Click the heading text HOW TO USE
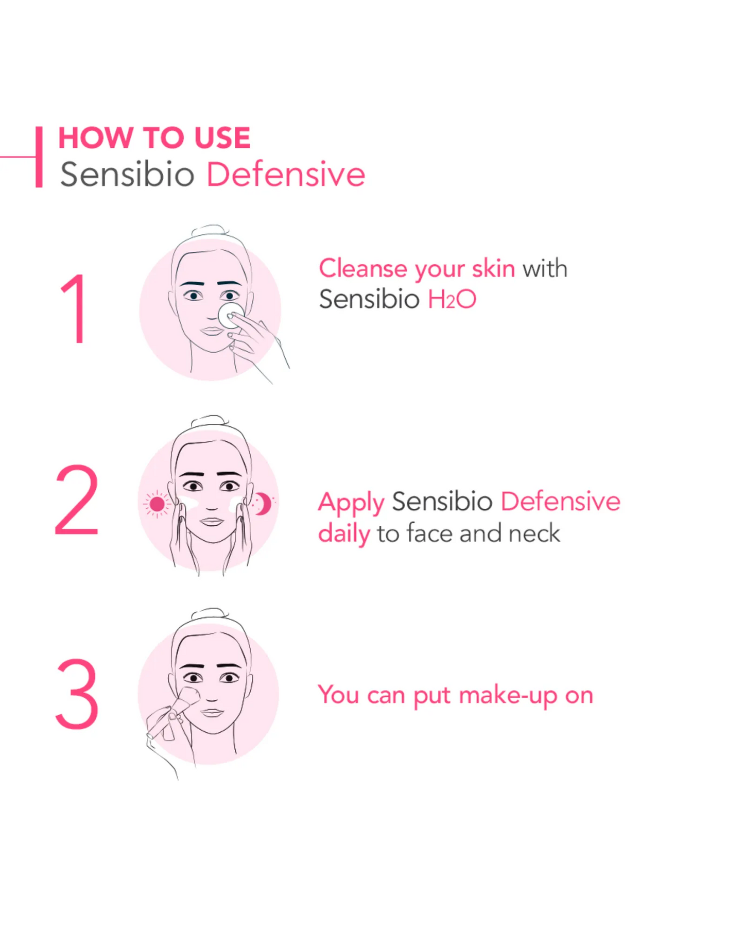coord(154,137)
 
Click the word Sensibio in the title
coord(127,174)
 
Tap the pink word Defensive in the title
coord(286,174)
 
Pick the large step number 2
coord(76,500)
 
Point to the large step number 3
coord(77,693)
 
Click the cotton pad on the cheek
coord(231,315)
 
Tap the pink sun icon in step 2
coord(157,504)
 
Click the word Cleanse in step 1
coord(363,268)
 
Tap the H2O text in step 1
coord(452,299)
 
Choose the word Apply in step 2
coord(351,503)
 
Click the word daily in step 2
coord(344,534)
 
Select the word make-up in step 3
coord(508,696)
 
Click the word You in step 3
coord(338,694)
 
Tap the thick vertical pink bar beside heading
coord(39,157)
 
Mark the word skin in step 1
coord(493,268)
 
